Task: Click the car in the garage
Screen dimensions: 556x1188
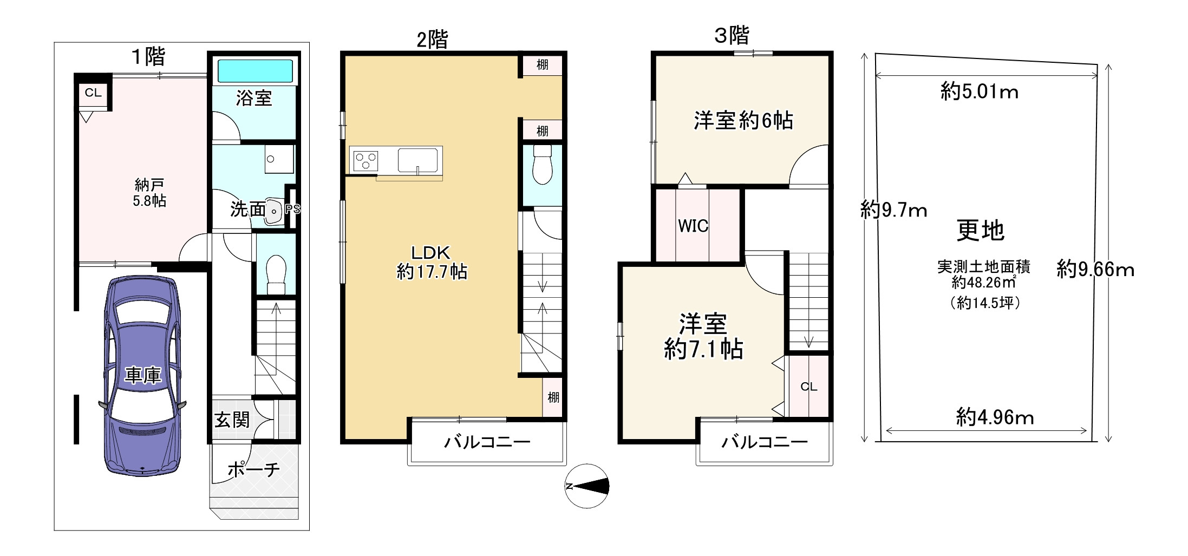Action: [x=142, y=376]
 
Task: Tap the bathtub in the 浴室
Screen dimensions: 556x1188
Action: [x=254, y=71]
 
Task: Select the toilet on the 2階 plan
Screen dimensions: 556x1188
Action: [x=542, y=165]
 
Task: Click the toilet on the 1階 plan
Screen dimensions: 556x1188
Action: [x=276, y=274]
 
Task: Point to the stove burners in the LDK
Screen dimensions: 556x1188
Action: [x=364, y=161]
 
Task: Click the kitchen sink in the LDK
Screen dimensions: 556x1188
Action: [x=417, y=160]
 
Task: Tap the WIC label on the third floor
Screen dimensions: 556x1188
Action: [x=693, y=226]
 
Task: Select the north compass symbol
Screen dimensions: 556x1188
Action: [x=587, y=486]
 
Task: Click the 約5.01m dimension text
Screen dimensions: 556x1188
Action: [x=979, y=92]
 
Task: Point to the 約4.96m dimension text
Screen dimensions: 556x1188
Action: [x=995, y=417]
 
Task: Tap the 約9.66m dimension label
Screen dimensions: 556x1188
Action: [x=1095, y=269]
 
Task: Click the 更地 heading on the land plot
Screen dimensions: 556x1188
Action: [x=980, y=231]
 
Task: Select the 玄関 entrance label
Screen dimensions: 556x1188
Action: [x=232, y=420]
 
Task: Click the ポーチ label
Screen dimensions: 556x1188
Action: [x=253, y=469]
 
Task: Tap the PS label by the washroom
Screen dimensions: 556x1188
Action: [x=292, y=209]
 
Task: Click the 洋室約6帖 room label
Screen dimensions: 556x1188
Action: [x=743, y=120]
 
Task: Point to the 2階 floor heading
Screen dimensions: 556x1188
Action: [x=432, y=40]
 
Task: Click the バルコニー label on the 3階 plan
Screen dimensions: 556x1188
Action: [x=764, y=442]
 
